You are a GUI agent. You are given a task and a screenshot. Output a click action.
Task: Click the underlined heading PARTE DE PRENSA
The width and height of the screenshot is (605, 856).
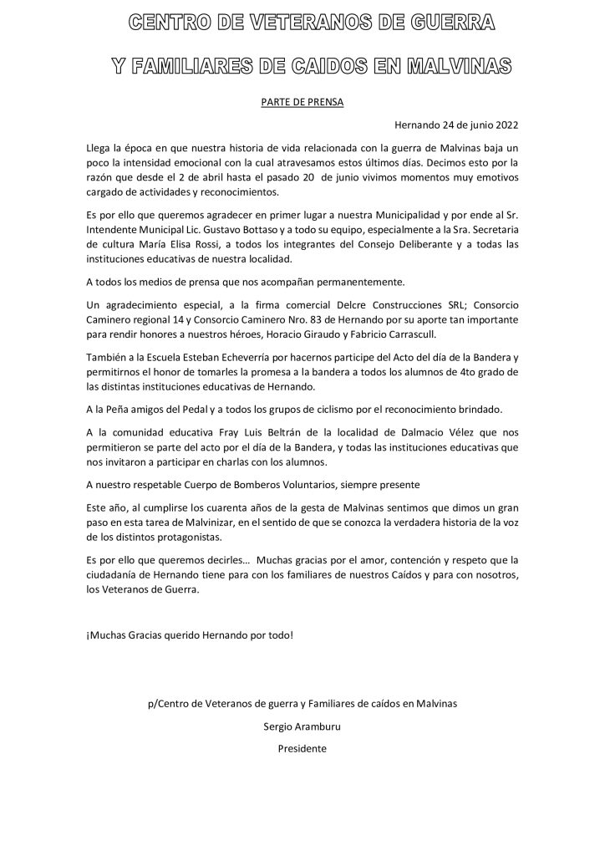coord(302,102)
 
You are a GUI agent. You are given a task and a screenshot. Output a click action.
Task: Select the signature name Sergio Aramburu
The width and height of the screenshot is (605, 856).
coord(302,726)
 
